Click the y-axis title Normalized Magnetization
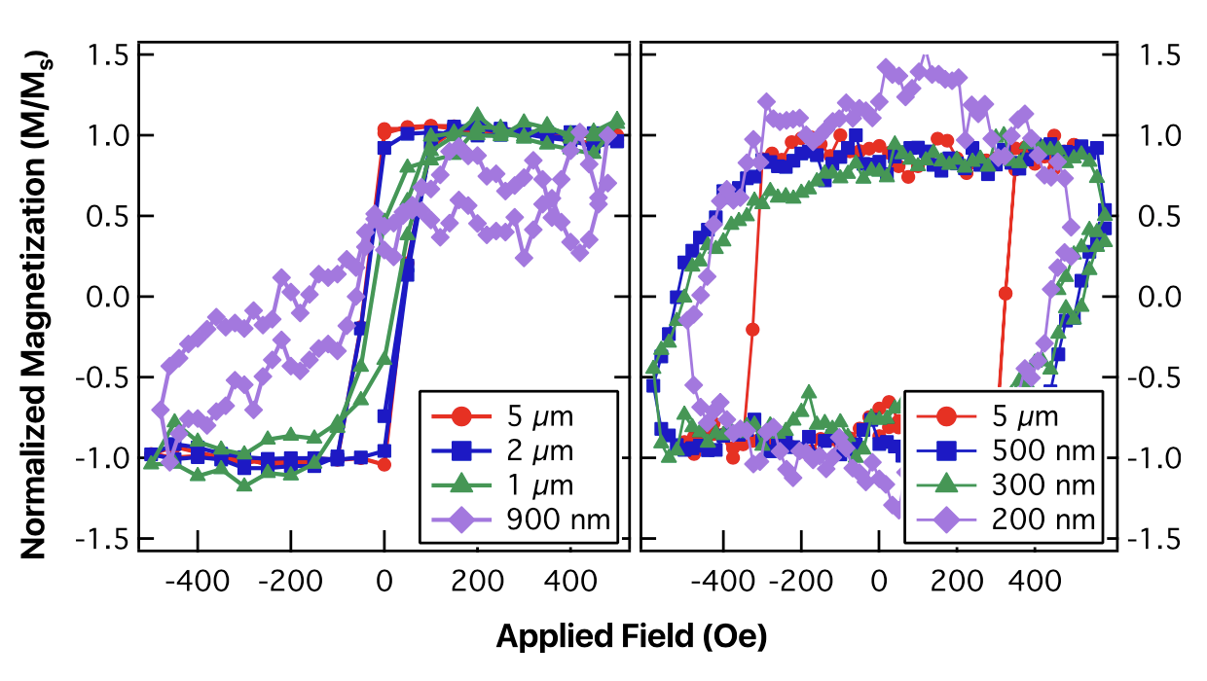(x=36, y=305)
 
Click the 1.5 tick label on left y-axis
(x=109, y=54)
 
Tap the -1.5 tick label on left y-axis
(x=103, y=538)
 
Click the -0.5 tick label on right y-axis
(x=1155, y=376)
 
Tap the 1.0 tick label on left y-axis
(x=109, y=135)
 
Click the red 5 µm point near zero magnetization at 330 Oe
(x=1006, y=293)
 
